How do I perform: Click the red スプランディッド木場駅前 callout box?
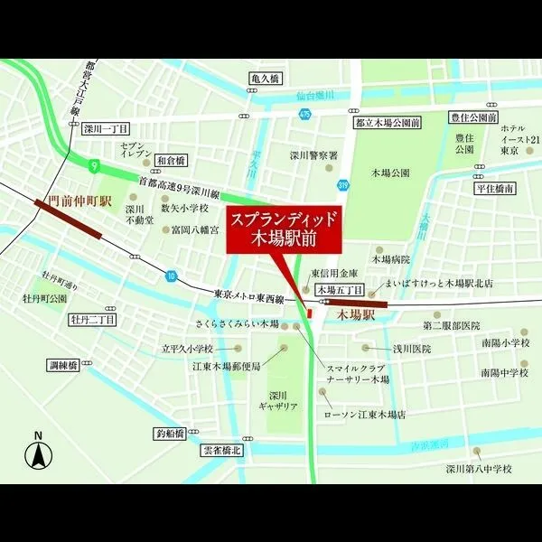[x=285, y=230]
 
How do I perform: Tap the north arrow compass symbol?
[x=39, y=453]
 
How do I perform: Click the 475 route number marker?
[x=305, y=114]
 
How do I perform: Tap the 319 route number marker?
[x=343, y=185]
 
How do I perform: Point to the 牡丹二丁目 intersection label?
[x=92, y=320]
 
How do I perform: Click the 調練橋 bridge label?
[x=65, y=366]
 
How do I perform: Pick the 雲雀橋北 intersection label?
[x=221, y=451]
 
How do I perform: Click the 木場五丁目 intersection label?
[x=340, y=290]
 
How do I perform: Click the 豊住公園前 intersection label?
[x=472, y=118]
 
